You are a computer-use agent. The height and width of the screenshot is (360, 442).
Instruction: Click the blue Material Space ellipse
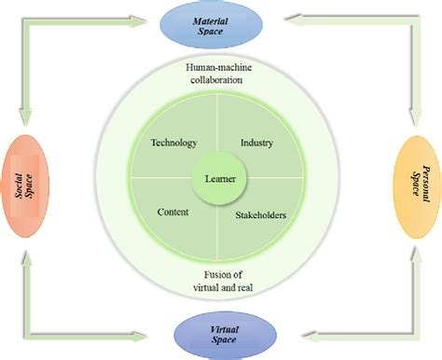pos(222,24)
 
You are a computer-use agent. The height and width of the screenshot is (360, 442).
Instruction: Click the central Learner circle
pos(221,177)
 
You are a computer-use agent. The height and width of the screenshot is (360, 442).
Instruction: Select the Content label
pos(173,212)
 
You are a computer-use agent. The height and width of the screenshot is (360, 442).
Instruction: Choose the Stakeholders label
pos(260,215)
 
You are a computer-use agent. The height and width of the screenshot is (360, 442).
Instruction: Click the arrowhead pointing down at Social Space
pos(25,119)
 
